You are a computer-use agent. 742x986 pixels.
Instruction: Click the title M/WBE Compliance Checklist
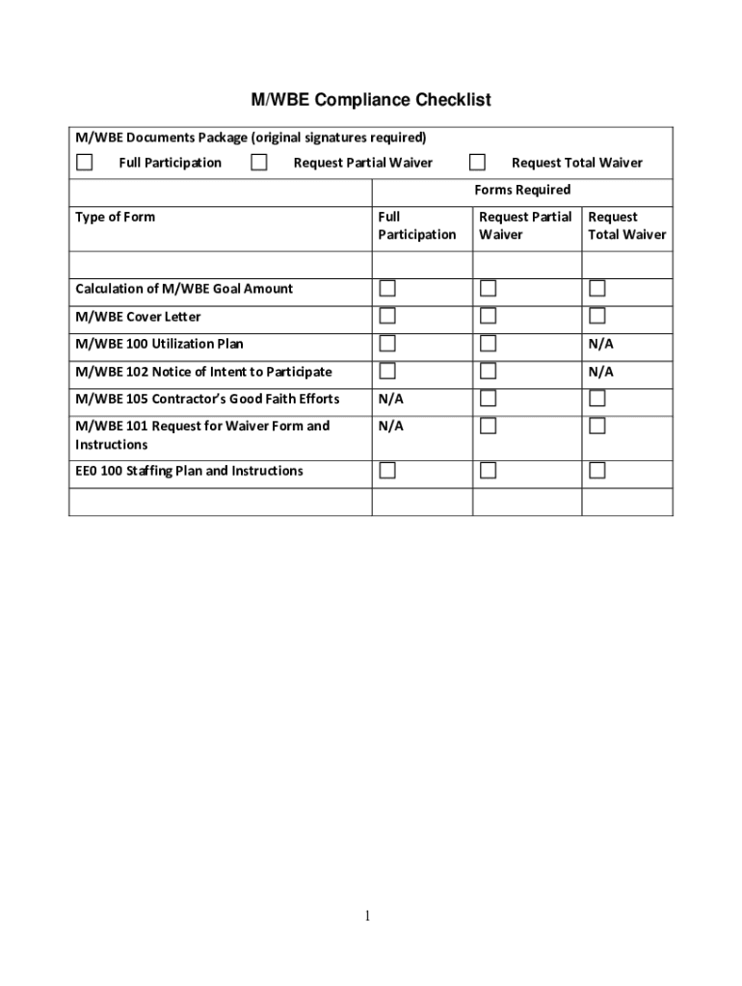tap(371, 100)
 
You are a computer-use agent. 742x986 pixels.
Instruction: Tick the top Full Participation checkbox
tap(85, 162)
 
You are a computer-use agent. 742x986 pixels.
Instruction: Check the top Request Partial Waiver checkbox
tap(259, 162)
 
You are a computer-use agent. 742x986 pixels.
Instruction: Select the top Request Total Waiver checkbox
tap(477, 162)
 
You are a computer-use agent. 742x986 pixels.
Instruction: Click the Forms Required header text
tap(521, 190)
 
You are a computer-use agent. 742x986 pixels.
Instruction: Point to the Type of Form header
tap(115, 217)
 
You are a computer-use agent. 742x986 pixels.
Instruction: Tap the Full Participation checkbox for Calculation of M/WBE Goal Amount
tap(386, 288)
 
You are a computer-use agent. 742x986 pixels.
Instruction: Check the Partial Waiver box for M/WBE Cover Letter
tap(489, 316)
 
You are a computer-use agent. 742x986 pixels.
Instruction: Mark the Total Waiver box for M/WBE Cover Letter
tap(597, 316)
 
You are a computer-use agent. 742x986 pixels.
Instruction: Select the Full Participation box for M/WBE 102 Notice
tap(386, 371)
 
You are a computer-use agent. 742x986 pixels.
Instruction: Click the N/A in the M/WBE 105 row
tap(390, 399)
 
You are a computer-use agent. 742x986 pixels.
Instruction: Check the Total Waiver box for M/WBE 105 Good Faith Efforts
tap(597, 398)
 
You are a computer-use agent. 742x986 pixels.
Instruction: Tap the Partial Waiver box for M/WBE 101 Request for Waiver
tap(489, 426)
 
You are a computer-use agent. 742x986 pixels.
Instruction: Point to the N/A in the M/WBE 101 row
tap(390, 426)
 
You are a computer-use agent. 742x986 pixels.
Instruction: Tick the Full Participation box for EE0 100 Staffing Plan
tap(386, 470)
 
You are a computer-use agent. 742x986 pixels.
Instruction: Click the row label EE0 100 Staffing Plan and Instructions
tap(189, 471)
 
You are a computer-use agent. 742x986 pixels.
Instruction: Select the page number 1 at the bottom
tap(367, 916)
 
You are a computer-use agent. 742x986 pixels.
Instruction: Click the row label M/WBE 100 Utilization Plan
tap(159, 344)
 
